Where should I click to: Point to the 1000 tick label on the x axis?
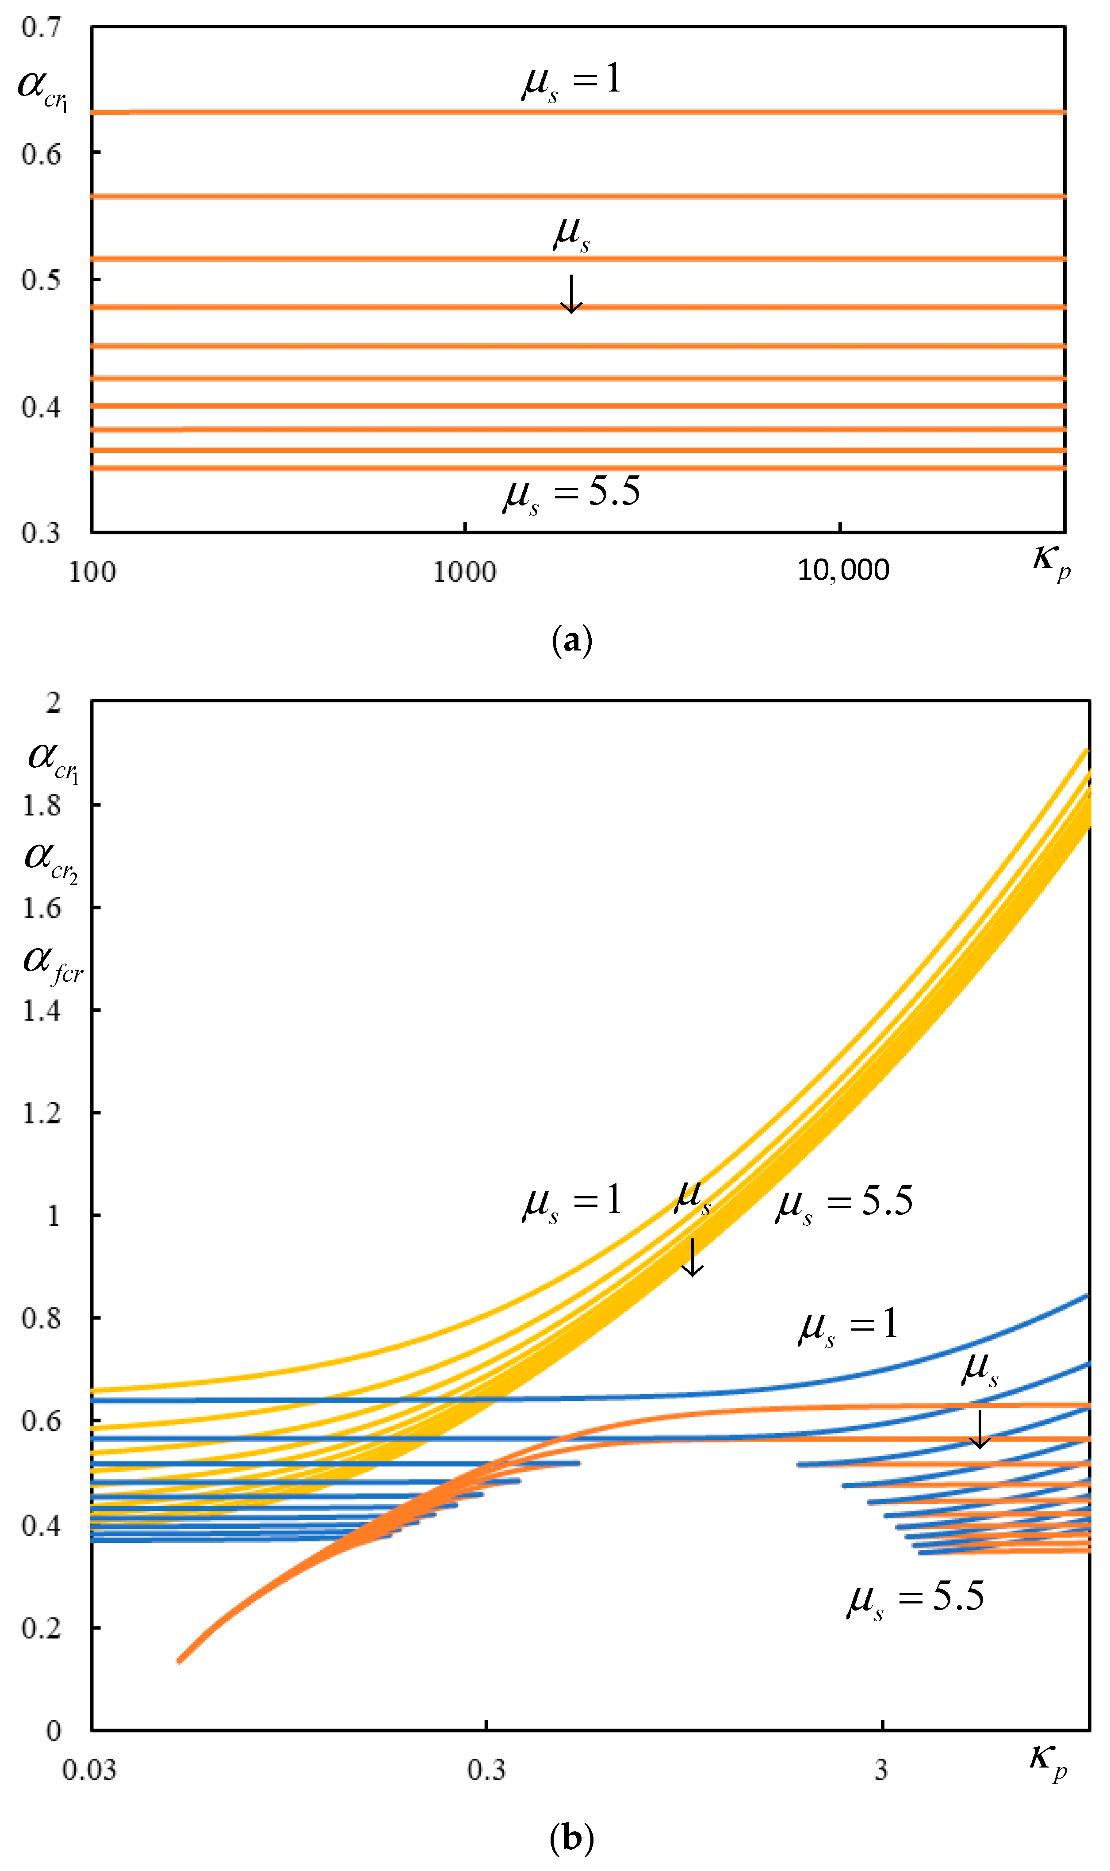pos(464,573)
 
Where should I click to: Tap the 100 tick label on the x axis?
pos(92,573)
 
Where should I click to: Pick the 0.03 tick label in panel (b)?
pos(89,1770)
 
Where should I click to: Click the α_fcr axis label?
pos(52,962)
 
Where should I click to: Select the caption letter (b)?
pos(571,1837)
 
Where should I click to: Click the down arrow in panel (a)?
pos(571,294)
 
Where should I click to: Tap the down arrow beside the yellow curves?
pos(693,1257)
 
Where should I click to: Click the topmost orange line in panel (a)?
pos(578,112)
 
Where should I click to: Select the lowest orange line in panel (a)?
pos(578,469)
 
